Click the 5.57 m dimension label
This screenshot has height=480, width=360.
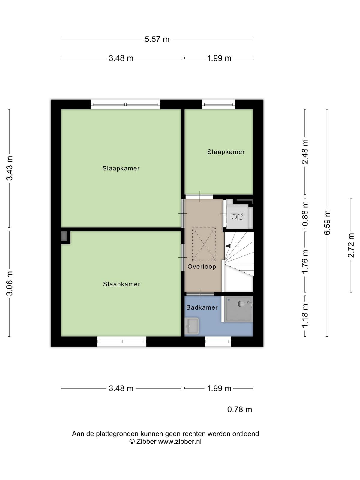(157, 39)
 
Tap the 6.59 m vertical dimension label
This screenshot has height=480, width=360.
(327, 222)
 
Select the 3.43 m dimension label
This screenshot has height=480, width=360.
(9, 168)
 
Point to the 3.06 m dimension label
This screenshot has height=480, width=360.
(9, 283)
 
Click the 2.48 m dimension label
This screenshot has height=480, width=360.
(305, 151)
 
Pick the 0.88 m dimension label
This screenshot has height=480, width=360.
(305, 214)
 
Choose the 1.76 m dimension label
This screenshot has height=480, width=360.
(305, 262)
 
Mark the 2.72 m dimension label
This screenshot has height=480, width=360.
(351, 245)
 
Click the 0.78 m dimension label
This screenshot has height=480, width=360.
(240, 409)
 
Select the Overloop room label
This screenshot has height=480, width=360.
(202, 267)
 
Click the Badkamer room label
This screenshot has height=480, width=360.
(202, 307)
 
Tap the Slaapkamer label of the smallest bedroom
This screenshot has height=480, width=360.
(226, 152)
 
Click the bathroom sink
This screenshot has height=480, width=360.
(192, 326)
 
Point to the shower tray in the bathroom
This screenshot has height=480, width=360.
(239, 309)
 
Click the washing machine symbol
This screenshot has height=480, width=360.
(237, 217)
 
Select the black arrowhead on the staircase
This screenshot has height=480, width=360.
(228, 246)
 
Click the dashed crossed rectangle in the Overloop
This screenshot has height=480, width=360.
(204, 244)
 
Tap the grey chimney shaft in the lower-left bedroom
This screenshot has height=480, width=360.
(64, 236)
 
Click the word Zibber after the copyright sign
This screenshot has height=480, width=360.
(146, 442)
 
